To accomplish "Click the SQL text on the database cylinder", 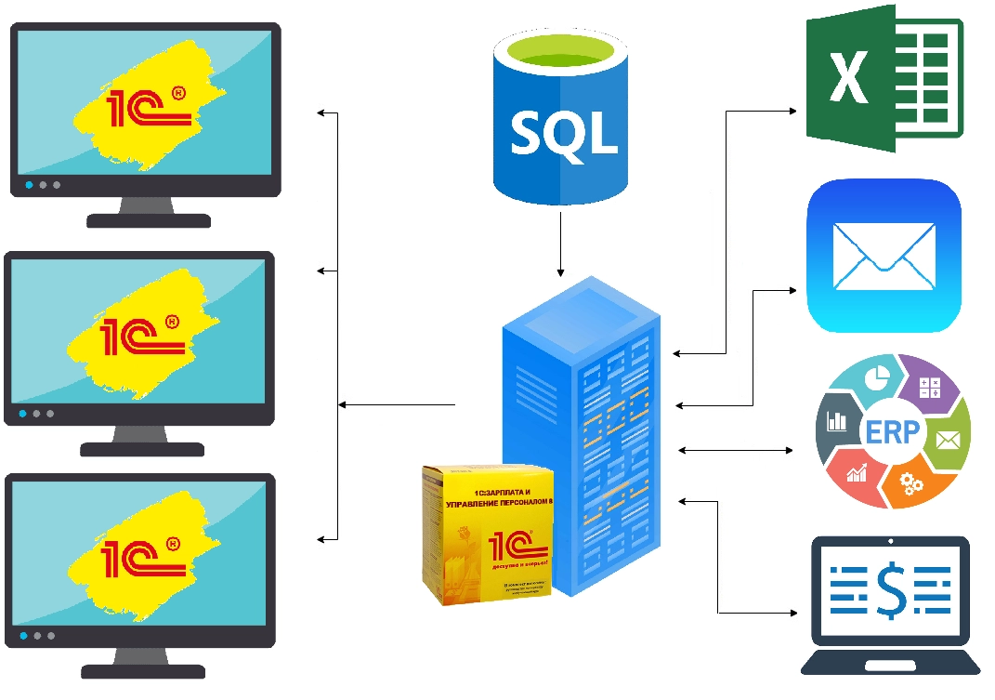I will pos(564,132).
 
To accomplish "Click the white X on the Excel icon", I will pos(847,77).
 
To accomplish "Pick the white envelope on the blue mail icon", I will pos(884,257).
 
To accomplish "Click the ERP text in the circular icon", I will pos(892,432).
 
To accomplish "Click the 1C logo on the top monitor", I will pos(149,106).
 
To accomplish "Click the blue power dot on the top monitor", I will pos(29,185).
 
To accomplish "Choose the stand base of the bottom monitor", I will pos(143,670).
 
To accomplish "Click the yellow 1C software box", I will pos(488,535).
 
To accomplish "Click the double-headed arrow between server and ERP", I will pos(736,450).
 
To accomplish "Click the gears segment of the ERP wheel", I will pos(910,483).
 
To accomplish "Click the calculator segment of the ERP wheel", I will pos(928,385).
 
